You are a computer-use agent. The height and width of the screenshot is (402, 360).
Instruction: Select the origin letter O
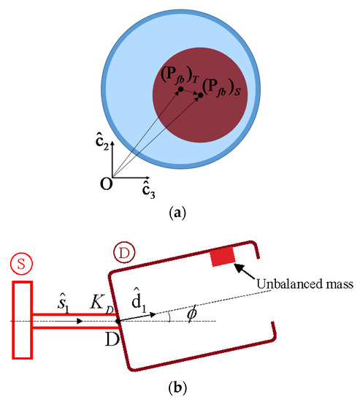(106, 183)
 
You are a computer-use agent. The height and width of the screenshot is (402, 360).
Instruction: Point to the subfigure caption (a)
(180, 213)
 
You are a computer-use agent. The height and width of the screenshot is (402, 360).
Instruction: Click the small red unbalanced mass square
(221, 257)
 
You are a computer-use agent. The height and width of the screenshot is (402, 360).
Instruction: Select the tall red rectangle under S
(22, 321)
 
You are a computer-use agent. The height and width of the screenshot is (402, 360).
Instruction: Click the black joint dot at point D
(117, 321)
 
